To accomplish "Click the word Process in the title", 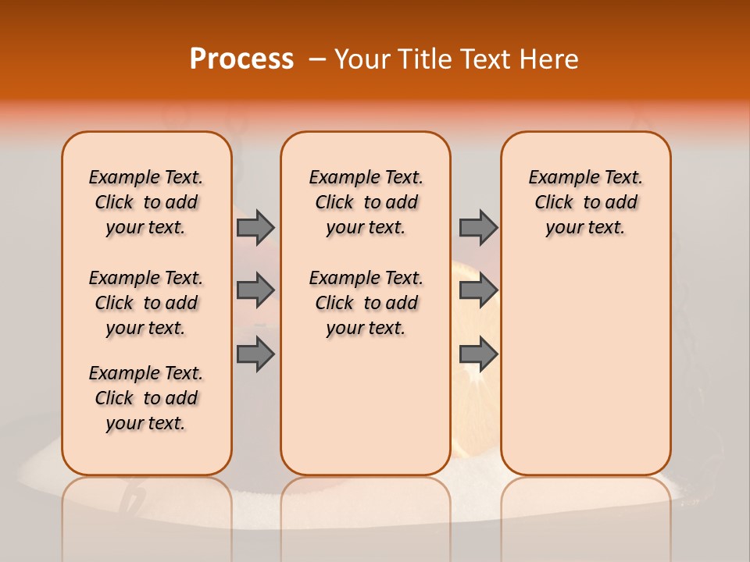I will click(241, 59).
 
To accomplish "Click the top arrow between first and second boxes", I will click(255, 227).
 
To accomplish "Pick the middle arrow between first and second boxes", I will click(255, 290).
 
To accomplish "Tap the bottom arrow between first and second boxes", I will click(255, 354).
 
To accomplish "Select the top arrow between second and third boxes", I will click(478, 227).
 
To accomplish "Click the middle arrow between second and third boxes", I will click(478, 290).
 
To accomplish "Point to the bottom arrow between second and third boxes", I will click(478, 354).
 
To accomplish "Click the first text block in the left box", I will click(146, 202).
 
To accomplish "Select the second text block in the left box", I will click(146, 303).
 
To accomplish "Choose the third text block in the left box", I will click(146, 398).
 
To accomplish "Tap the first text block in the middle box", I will click(366, 202).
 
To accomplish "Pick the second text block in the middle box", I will click(366, 303).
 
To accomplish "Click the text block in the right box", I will click(585, 202).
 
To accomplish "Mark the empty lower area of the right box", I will click(585, 367).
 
